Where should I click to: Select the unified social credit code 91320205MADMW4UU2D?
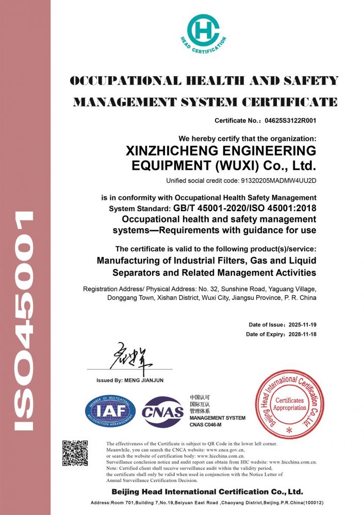pos(278,181)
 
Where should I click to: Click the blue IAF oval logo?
pos(110,411)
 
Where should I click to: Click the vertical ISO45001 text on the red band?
pos(24,319)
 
